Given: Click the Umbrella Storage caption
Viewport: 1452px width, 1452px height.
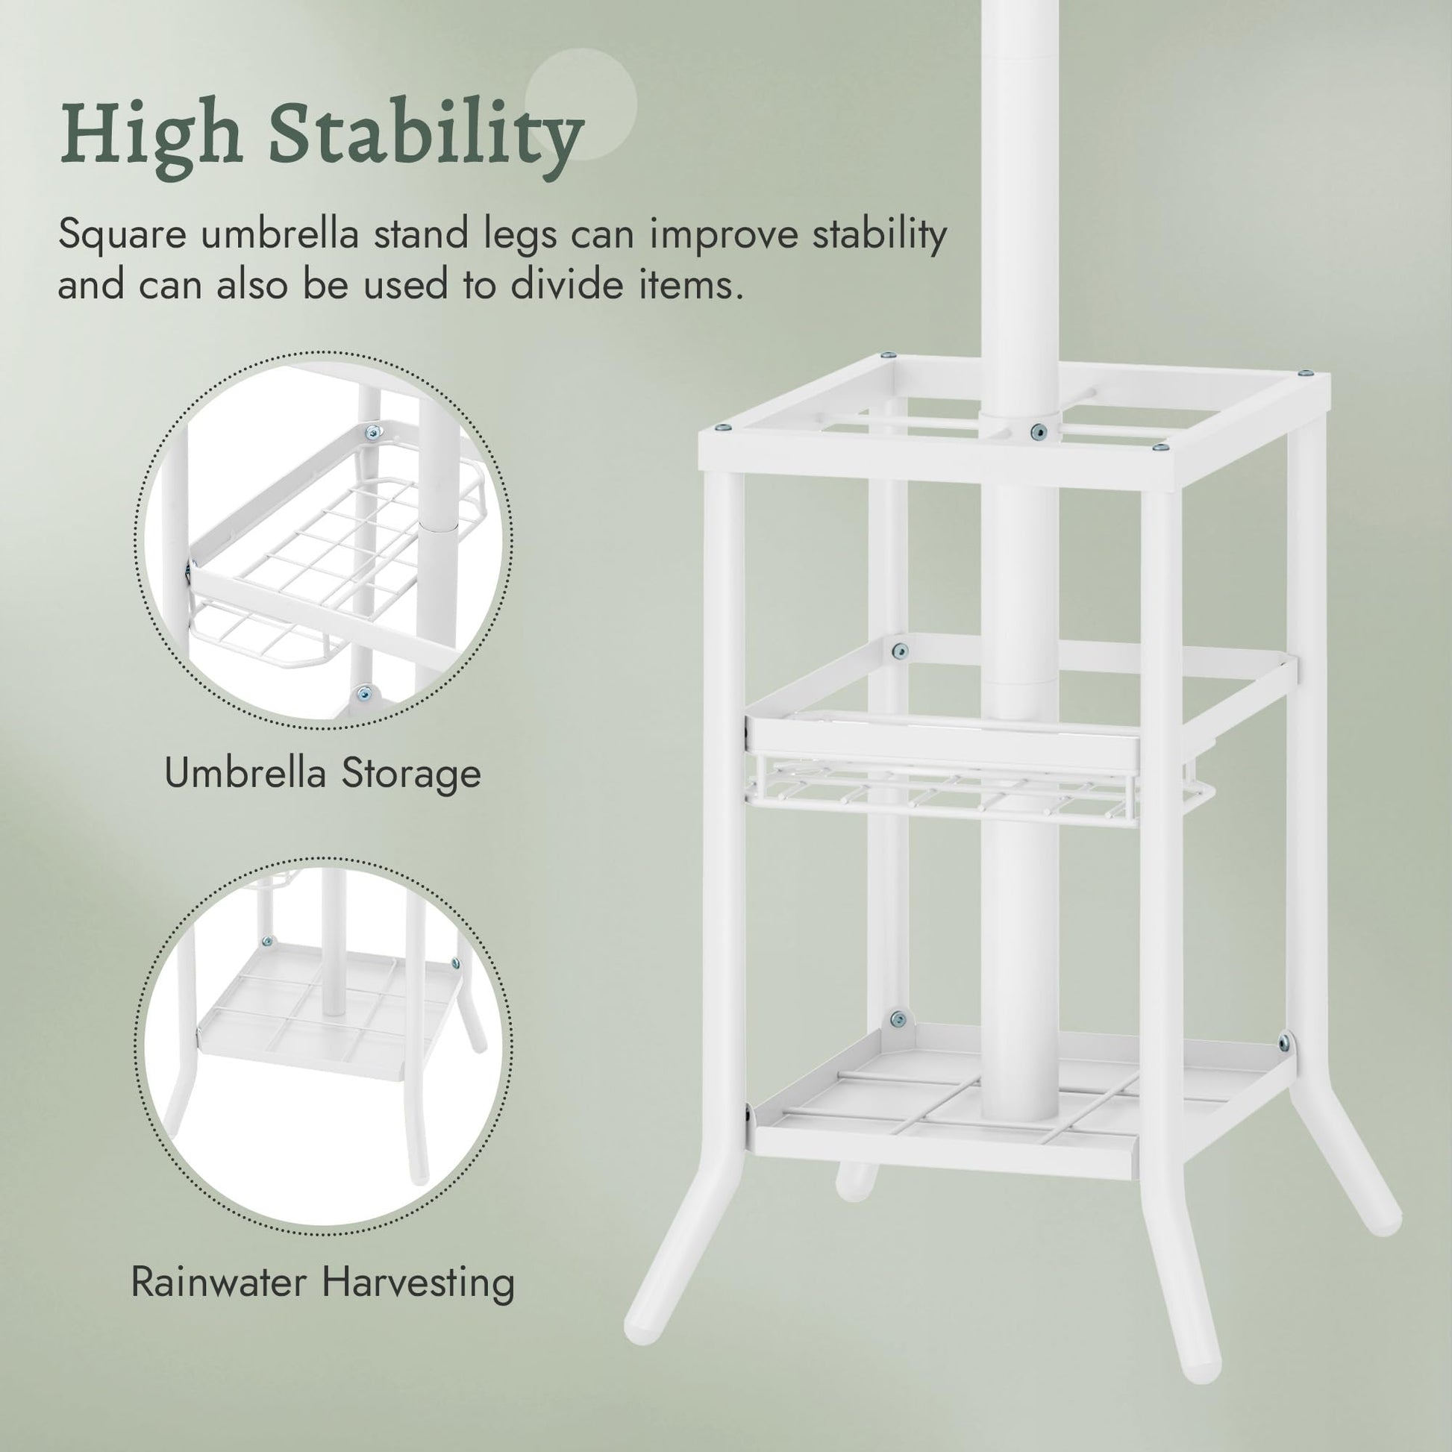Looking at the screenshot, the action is point(323,773).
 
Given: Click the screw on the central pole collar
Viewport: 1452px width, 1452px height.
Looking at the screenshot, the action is point(1039,431).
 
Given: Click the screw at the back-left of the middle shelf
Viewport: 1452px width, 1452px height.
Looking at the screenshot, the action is point(899,650).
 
